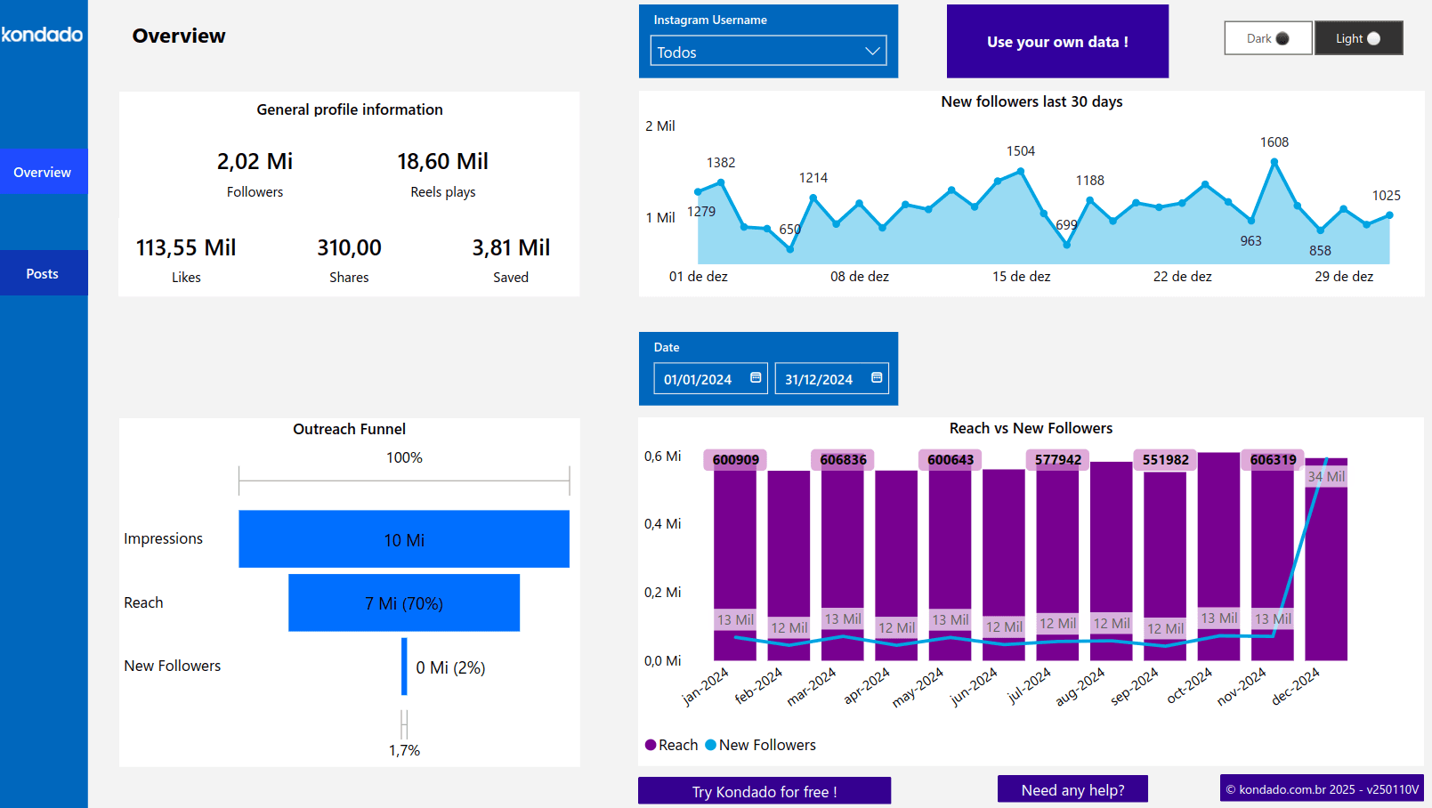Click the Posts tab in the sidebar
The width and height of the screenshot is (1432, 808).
[43, 273]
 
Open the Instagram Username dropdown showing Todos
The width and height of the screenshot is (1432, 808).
[768, 52]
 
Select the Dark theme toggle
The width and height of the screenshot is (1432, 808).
[1267, 38]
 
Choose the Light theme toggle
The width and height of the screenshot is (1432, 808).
[1358, 38]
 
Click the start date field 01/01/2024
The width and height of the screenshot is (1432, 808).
[699, 379]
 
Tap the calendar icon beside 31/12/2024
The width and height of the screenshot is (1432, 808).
[876, 377]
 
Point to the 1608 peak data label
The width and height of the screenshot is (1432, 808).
[1274, 142]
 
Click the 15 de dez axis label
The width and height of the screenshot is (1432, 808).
[1021, 277]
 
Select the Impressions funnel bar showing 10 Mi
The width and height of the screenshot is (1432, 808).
[403, 539]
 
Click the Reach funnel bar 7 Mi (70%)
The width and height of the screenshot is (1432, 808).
[403, 603]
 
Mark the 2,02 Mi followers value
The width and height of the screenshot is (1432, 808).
[255, 161]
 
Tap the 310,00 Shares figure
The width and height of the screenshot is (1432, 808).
[349, 247]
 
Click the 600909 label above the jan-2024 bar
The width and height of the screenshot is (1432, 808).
[735, 460]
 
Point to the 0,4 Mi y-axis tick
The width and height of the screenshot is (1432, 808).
[662, 524]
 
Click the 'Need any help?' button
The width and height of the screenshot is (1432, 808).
[1072, 790]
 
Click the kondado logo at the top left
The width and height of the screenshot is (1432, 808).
[42, 35]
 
